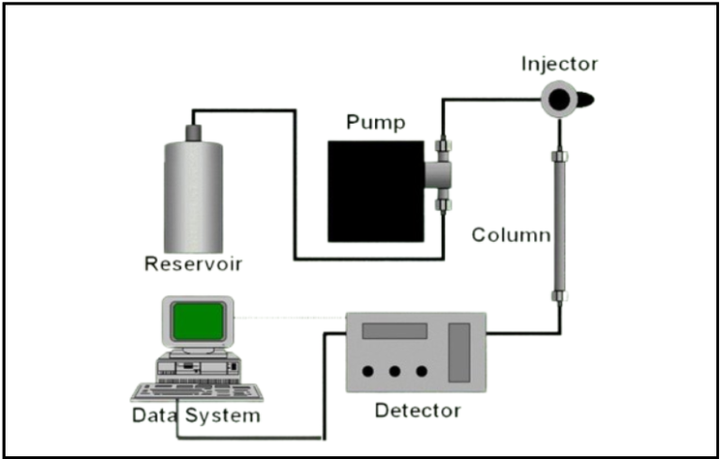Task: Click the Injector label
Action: (560, 65)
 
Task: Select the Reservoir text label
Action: (193, 263)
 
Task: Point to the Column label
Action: (511, 233)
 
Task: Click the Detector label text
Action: (417, 410)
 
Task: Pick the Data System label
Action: (196, 414)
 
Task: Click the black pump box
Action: (373, 190)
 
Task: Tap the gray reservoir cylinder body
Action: (193, 193)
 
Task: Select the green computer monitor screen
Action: (197, 321)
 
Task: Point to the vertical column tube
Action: (560, 225)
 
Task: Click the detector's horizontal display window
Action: (395, 331)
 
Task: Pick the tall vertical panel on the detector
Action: (458, 352)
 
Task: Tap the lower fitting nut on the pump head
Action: (443, 202)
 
